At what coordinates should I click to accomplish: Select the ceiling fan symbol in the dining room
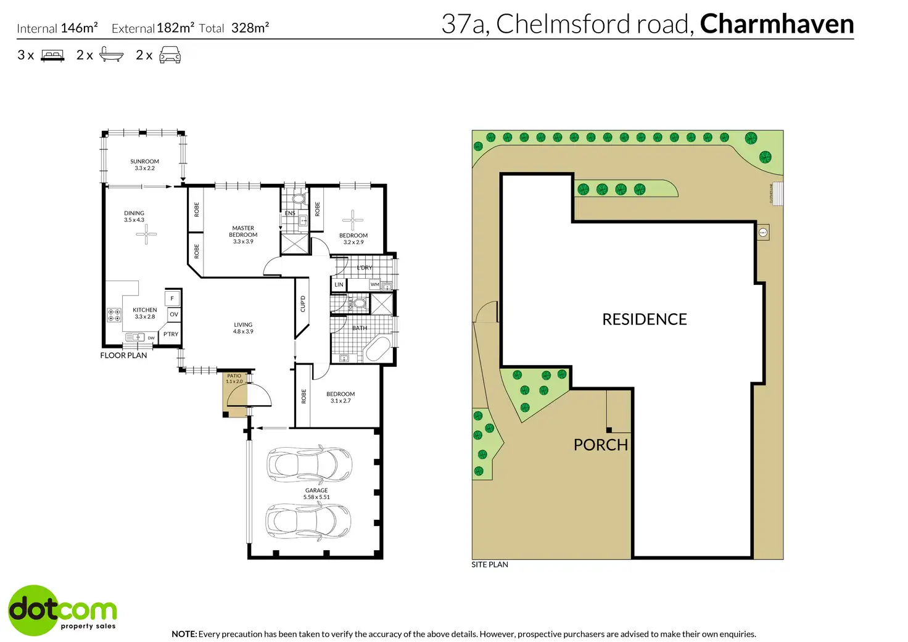point(146,234)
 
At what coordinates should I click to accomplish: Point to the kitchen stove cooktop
point(114,315)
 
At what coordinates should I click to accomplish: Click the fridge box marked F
point(172,298)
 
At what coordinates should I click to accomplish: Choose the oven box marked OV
point(173,315)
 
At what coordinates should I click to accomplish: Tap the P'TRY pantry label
point(170,334)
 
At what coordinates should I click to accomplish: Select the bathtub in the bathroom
point(376,350)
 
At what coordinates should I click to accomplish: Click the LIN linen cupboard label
point(339,285)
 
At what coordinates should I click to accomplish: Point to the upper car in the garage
point(308,464)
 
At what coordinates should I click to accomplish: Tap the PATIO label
point(234,376)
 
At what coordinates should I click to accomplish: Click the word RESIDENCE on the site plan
point(644,319)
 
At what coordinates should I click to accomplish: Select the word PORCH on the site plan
point(600,445)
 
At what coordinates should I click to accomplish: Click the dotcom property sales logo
point(62,610)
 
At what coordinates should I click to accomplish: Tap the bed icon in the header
point(52,56)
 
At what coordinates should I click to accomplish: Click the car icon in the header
point(170,55)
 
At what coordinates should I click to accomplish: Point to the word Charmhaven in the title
point(777,24)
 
